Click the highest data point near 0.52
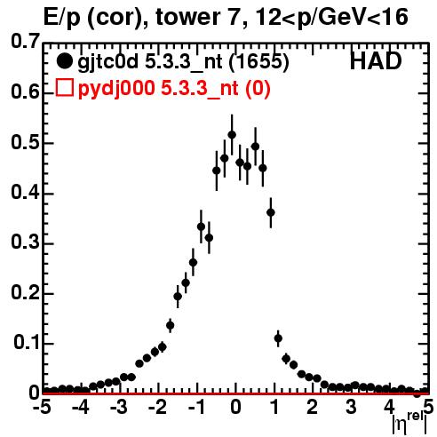point(232,135)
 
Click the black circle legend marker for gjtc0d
point(64,61)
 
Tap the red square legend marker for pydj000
point(65,88)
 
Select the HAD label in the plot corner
point(376,61)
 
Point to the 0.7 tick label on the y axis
point(25,42)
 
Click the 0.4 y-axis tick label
point(25,192)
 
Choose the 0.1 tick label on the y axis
point(27,342)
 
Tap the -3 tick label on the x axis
point(119,407)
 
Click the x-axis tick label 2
point(313,407)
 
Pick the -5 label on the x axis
point(42,407)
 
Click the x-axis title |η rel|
point(409,425)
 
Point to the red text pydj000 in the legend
point(116,88)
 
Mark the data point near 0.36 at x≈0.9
point(271,212)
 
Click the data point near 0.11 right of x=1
point(278,338)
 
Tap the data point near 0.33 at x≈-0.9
point(201,226)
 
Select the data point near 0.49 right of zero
point(255,147)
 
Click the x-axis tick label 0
point(235,407)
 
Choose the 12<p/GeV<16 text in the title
point(331,18)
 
